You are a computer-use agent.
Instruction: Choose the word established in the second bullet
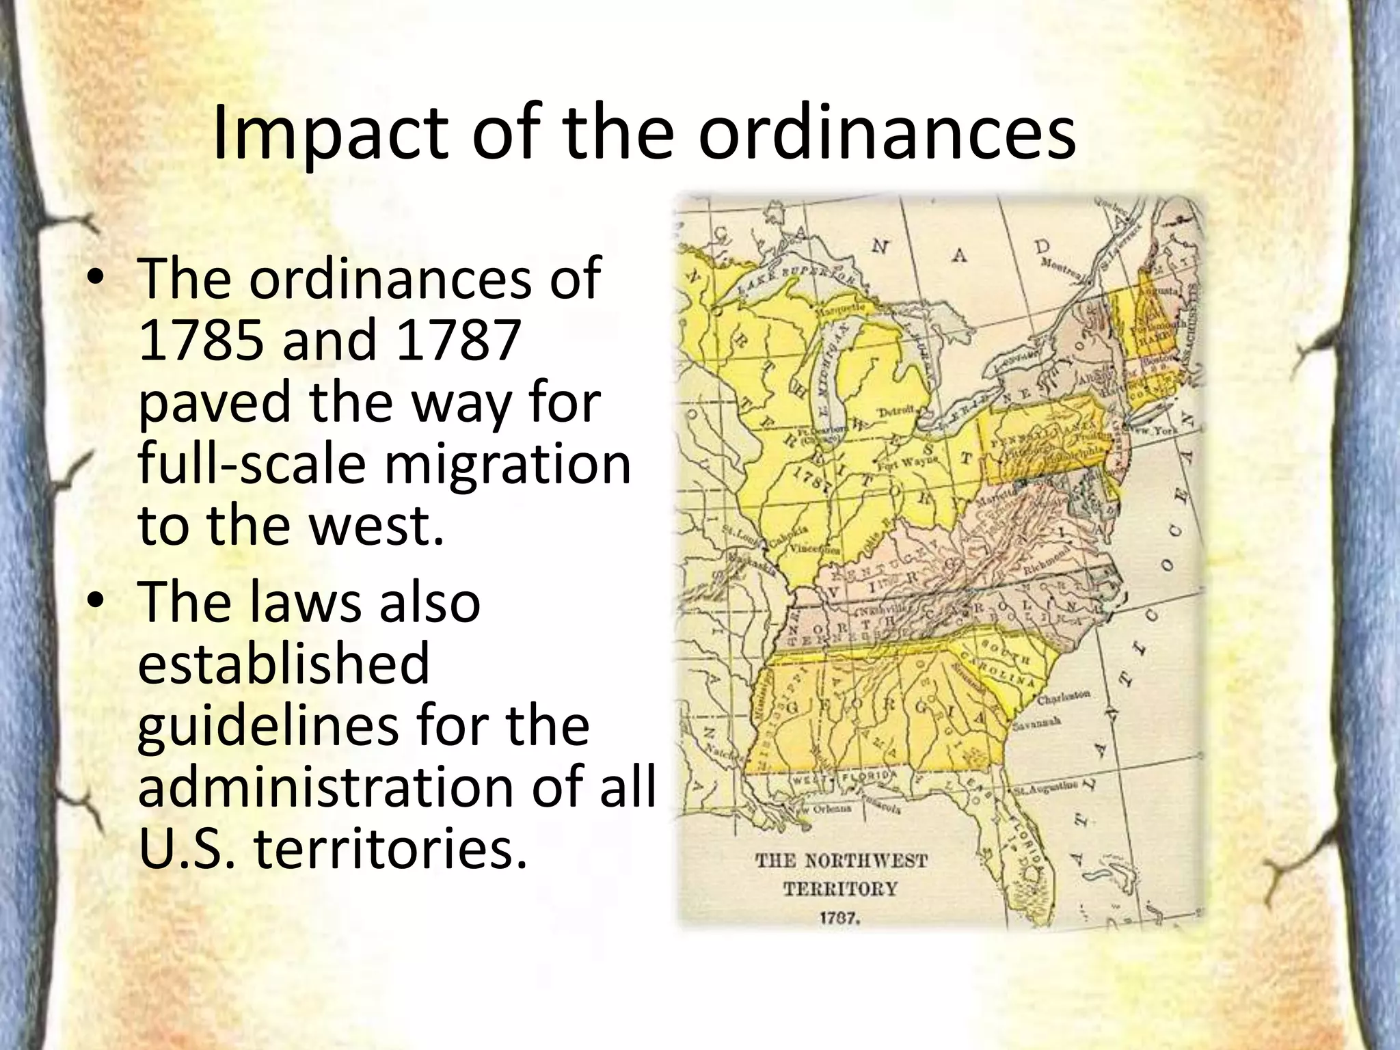(x=284, y=662)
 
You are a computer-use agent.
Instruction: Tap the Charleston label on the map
(x=1064, y=697)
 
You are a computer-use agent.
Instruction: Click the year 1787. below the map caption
(x=839, y=917)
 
